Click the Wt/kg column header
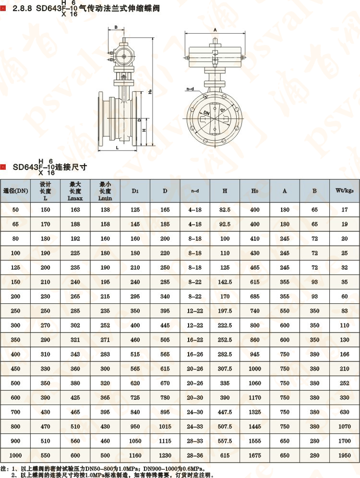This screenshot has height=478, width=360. point(345,191)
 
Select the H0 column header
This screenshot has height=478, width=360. point(255,191)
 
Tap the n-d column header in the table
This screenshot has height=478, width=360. point(195,191)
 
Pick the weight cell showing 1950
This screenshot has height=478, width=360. point(345,454)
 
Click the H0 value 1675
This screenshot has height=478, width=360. point(255,454)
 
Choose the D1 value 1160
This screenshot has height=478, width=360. point(135,454)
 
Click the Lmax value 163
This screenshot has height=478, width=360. point(75,210)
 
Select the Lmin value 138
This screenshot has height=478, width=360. point(105,210)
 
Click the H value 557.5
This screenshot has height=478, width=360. point(225,440)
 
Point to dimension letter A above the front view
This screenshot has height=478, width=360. point(215,30)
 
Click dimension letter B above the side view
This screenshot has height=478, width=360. point(116,28)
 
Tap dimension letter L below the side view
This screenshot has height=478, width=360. point(117,148)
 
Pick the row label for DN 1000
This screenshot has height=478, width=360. point(16,454)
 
